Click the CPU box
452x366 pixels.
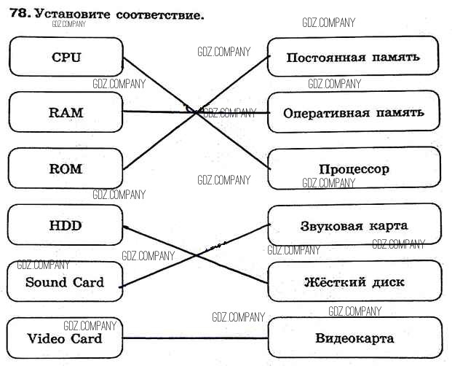66,57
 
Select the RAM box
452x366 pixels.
66,113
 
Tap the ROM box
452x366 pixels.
66,168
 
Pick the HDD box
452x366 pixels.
66,225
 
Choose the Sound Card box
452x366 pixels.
65,282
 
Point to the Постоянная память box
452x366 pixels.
354,57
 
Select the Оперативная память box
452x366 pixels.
354,113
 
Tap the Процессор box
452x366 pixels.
354,168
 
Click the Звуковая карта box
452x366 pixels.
354,225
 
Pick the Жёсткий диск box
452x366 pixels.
354,282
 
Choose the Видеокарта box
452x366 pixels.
354,338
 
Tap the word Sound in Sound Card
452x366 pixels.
45,282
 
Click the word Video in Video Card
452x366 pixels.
46,338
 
